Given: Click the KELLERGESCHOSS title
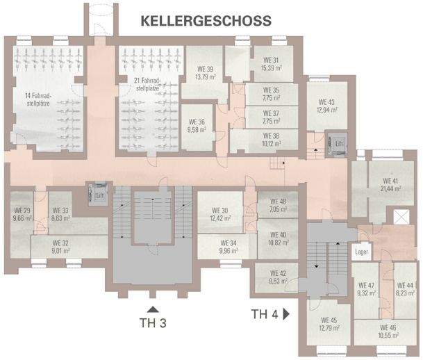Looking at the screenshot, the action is click(206, 20).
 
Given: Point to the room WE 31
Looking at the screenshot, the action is click(270, 64).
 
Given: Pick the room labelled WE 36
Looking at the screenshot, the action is click(199, 124).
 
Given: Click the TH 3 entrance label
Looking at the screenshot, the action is click(153, 322).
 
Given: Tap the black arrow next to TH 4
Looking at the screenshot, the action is click(285, 314).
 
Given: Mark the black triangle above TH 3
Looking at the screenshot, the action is click(153, 309).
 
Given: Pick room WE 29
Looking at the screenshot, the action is click(21, 214).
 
